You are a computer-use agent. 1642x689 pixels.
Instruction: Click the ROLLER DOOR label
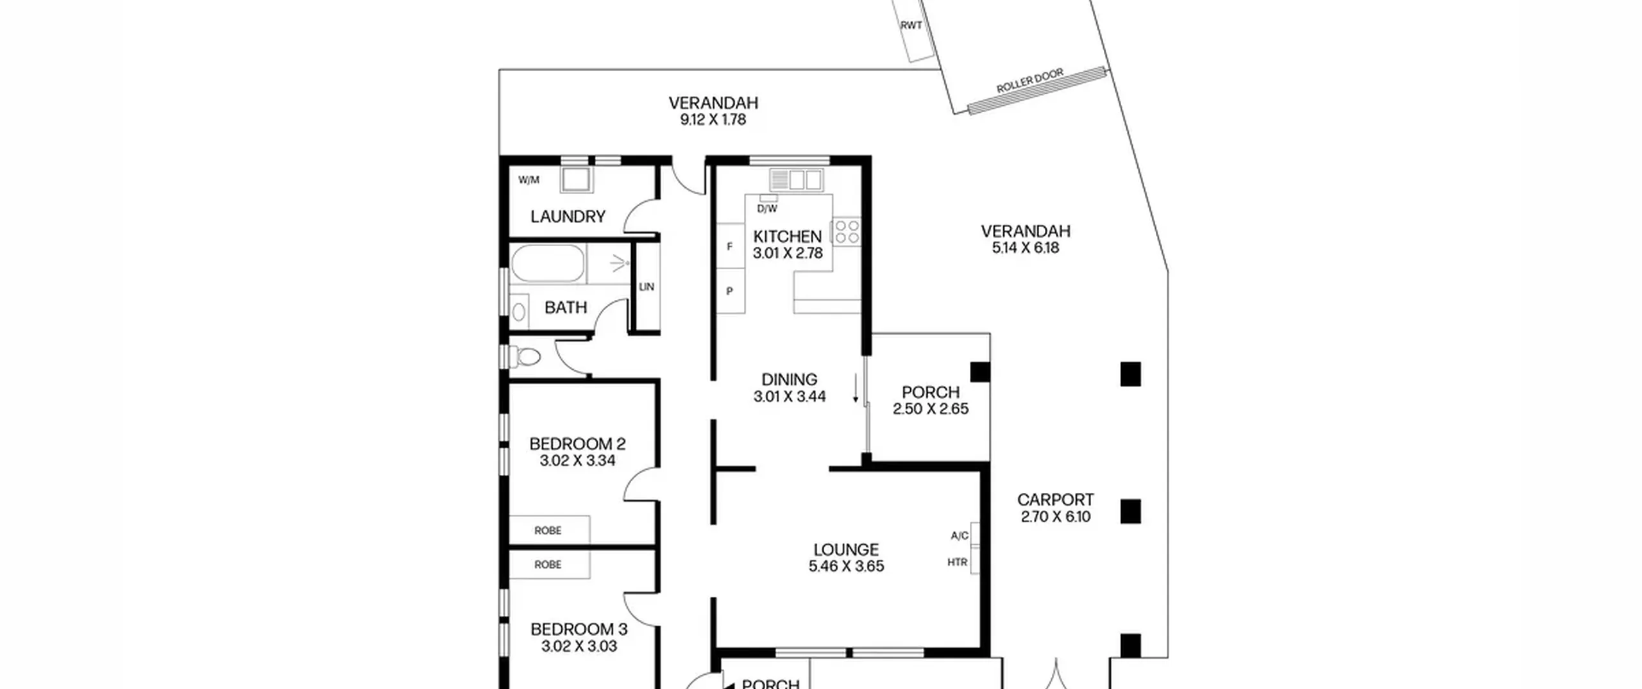1030,81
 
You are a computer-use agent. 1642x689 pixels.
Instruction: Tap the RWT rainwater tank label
911,26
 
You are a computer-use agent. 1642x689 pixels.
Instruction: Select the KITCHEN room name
787,237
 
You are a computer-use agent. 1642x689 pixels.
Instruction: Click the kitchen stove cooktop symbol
847,231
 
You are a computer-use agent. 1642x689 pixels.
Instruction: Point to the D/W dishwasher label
767,208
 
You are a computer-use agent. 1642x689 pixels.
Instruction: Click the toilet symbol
525,356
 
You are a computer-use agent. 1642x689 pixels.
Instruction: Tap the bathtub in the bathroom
548,263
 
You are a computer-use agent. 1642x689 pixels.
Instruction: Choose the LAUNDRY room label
568,217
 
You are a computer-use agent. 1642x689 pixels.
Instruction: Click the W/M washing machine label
529,180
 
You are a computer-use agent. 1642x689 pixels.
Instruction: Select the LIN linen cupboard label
647,286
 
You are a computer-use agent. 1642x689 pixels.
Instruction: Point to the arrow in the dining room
855,389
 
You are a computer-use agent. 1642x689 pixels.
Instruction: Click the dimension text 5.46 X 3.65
846,566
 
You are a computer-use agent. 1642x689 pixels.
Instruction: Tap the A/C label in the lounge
960,535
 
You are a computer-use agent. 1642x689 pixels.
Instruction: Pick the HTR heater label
957,562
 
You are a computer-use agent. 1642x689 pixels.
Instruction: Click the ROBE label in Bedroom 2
548,531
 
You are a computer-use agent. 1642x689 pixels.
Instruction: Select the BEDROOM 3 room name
579,629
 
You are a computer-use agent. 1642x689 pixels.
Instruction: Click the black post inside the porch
979,372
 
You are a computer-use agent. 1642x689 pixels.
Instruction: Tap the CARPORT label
1055,499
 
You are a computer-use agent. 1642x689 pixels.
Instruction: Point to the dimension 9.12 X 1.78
713,120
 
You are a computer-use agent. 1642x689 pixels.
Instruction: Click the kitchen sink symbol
796,180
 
